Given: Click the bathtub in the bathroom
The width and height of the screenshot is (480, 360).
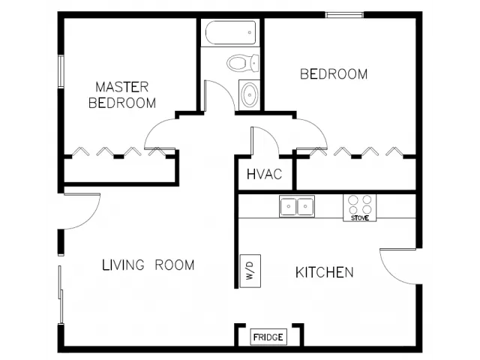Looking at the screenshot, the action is click(x=230, y=33).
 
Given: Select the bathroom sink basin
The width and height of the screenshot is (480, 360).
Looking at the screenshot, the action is click(x=250, y=94).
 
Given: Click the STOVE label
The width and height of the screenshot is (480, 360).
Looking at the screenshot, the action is click(x=360, y=218).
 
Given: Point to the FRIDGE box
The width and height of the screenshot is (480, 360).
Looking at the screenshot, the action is click(x=268, y=337).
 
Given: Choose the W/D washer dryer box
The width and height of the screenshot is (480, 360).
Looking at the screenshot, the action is click(x=250, y=271).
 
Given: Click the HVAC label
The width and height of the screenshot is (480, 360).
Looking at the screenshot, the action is click(x=264, y=174).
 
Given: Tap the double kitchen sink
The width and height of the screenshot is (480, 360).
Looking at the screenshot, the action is click(x=297, y=206).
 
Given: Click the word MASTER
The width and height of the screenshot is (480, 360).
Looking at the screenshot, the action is click(x=121, y=87).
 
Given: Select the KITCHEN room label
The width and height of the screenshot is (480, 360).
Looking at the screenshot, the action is click(x=325, y=272).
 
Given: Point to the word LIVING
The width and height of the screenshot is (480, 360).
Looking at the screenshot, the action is click(x=123, y=265).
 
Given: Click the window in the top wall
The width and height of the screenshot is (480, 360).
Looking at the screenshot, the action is click(x=344, y=15).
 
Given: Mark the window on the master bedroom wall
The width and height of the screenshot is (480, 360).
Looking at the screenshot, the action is click(x=61, y=71).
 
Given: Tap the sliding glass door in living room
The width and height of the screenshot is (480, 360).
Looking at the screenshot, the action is click(x=61, y=295).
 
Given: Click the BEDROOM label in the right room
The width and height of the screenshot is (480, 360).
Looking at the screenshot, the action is click(x=334, y=74).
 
